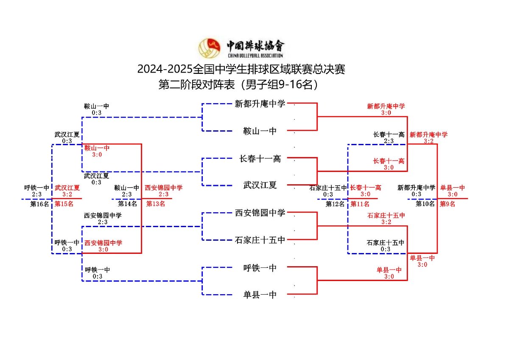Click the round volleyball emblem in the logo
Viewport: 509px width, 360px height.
[210, 48]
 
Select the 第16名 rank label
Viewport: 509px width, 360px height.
[39, 204]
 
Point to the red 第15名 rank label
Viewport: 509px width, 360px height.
[64, 204]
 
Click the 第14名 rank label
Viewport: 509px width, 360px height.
[127, 204]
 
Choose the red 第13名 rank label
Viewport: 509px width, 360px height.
[156, 204]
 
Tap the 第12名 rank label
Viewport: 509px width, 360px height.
[336, 204]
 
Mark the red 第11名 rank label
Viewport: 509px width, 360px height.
[360, 204]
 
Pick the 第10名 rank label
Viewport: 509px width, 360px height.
[425, 204]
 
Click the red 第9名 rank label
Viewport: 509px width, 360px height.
[447, 204]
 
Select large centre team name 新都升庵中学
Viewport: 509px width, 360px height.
[260, 104]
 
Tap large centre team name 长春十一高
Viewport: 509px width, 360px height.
[260, 159]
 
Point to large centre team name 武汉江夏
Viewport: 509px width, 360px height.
[260, 185]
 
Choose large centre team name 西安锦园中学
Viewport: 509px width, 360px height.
[260, 213]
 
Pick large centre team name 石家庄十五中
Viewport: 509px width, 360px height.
[260, 240]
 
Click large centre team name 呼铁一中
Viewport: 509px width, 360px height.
[260, 268]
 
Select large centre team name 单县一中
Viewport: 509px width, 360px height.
[260, 295]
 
